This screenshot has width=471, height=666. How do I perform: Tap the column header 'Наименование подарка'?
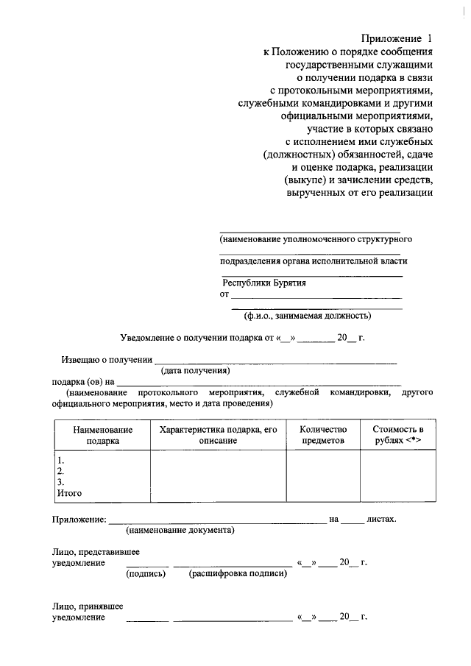coord(102,434)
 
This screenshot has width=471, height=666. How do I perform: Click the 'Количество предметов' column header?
coord(322,434)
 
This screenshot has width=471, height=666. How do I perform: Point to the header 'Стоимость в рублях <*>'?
coord(397,434)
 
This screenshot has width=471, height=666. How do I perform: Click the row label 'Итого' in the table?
coord(69,493)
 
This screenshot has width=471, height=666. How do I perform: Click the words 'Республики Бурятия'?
coord(264,283)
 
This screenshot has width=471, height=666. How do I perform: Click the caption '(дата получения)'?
coord(196,371)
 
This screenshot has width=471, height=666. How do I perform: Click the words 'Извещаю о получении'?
coord(105,360)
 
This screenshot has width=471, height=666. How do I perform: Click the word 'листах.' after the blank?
coord(382,519)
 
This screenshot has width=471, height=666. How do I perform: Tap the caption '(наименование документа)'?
coord(180,531)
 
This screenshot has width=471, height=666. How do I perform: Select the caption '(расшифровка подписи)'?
coord(238,574)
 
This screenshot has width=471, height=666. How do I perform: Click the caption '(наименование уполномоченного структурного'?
coord(315,240)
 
